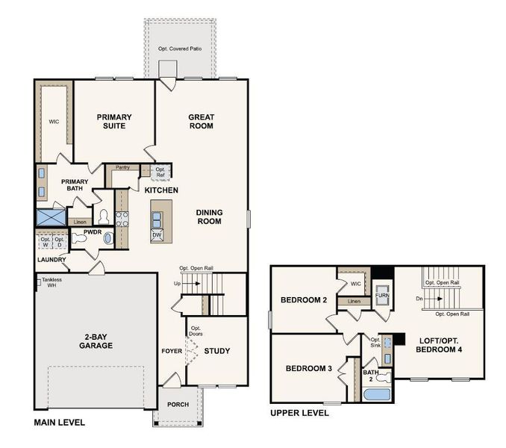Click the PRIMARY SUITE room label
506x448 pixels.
coord(114,122)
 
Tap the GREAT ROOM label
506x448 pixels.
coord(201,122)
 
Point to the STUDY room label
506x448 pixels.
coord(217,351)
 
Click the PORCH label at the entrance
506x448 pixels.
coord(178,405)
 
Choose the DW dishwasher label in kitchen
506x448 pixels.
coord(157,234)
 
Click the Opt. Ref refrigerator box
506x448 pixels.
coord(160,172)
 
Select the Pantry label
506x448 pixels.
coord(122,167)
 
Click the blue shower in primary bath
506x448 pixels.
coord(51,217)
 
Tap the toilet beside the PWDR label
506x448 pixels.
coord(104,217)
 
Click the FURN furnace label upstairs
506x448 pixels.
coord(381,296)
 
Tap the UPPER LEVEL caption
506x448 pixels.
coord(299,413)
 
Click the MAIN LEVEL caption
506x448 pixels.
coord(60,423)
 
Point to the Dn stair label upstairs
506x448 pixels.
coord(420,299)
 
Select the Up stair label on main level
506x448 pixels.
coord(177,283)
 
